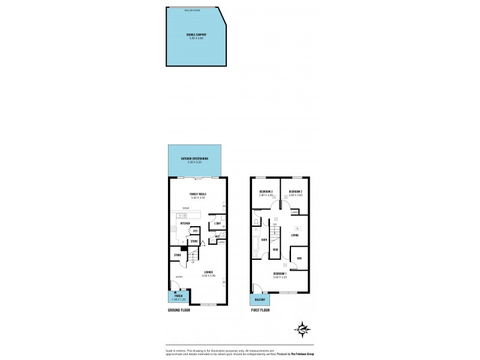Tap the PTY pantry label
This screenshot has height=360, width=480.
tap(195, 230)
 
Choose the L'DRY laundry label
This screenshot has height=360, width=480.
tap(218, 224)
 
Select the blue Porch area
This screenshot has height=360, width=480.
tap(178, 297)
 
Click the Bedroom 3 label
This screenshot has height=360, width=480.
tap(266, 192)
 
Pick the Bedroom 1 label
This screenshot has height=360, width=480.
tap(280, 275)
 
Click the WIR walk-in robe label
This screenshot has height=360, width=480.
tap(299, 259)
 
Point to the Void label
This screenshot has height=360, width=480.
tap(275, 249)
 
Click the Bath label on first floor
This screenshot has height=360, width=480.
tap(263, 239)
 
